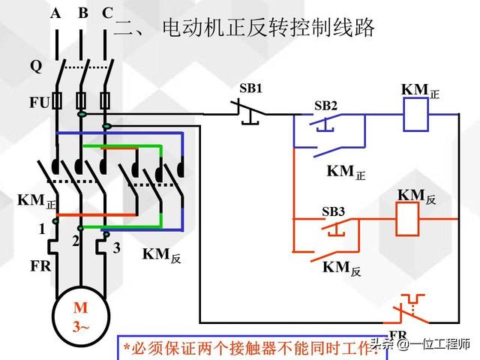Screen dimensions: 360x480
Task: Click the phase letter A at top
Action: click(56, 13)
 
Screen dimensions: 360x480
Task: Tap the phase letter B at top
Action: click(82, 13)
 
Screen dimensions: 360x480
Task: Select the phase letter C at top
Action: click(107, 13)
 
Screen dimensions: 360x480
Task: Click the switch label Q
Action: click(36, 66)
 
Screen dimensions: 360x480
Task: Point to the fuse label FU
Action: click(39, 101)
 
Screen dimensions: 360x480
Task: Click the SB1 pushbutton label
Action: click(251, 88)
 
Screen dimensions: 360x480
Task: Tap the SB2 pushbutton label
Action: click(325, 106)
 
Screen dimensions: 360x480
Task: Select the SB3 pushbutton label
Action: click(333, 212)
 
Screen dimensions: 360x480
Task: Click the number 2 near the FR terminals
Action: click(75, 241)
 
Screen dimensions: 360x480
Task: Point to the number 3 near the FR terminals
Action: click(116, 248)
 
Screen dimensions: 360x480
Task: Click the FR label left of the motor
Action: click(40, 265)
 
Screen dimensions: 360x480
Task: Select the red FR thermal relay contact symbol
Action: click(409, 309)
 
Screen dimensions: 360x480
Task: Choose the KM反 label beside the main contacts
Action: click(161, 255)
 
